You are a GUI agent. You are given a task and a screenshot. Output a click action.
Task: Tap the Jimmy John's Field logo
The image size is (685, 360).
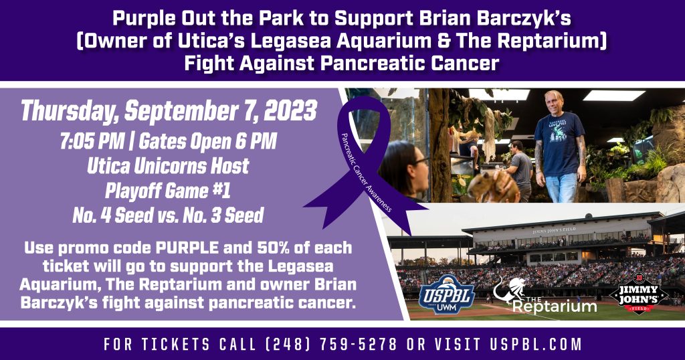pos(639,292)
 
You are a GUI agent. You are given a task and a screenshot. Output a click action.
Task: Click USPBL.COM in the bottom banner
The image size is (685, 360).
pos(536,344)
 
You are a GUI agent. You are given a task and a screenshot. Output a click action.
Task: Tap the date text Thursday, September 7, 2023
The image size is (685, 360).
pos(169,111)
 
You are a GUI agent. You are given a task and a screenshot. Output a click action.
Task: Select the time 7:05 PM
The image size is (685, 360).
pos(91,141)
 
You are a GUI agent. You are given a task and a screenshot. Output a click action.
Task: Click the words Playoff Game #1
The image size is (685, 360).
pos(168,191)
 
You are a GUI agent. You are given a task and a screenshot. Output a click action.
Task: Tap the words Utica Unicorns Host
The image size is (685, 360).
pos(168,166)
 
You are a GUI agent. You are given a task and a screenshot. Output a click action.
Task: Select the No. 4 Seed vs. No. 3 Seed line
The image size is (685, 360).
pos(168,215)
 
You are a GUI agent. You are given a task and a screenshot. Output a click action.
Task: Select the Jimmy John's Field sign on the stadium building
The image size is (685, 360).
pos(554,230)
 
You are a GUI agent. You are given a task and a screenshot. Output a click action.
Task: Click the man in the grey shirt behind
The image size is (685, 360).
pos(520,171)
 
